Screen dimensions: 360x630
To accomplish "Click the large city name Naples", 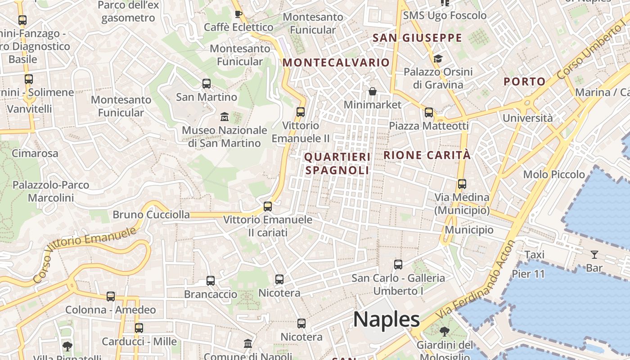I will tap(386, 319).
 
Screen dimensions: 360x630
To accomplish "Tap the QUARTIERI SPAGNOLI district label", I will tap(337, 163).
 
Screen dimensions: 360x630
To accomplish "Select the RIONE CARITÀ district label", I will tap(427, 155).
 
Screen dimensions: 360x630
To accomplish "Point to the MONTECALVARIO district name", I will tap(336, 63).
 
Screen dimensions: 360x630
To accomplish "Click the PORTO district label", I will tap(524, 81).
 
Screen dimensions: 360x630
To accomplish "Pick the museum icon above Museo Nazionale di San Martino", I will tap(224, 117).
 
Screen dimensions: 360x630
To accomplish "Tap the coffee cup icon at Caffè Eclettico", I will tap(238, 14).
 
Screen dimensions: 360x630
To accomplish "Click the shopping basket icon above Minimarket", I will tap(373, 92).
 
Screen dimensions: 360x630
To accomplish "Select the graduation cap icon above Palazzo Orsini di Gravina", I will tap(438, 58).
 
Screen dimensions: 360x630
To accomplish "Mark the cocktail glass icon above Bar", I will tap(594, 255).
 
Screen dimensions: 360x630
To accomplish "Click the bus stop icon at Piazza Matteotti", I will tap(429, 112).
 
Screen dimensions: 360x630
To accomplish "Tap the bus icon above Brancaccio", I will tap(210, 281).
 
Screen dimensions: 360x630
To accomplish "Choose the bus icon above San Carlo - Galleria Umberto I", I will tap(398, 265).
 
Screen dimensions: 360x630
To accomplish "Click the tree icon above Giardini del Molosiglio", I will tap(445, 332).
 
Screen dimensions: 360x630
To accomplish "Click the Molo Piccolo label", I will tap(553, 174).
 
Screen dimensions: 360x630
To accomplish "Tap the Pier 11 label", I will tap(528, 274).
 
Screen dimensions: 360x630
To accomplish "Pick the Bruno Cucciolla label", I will tap(151, 215).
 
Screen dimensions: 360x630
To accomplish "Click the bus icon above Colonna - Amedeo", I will tap(111, 297).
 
